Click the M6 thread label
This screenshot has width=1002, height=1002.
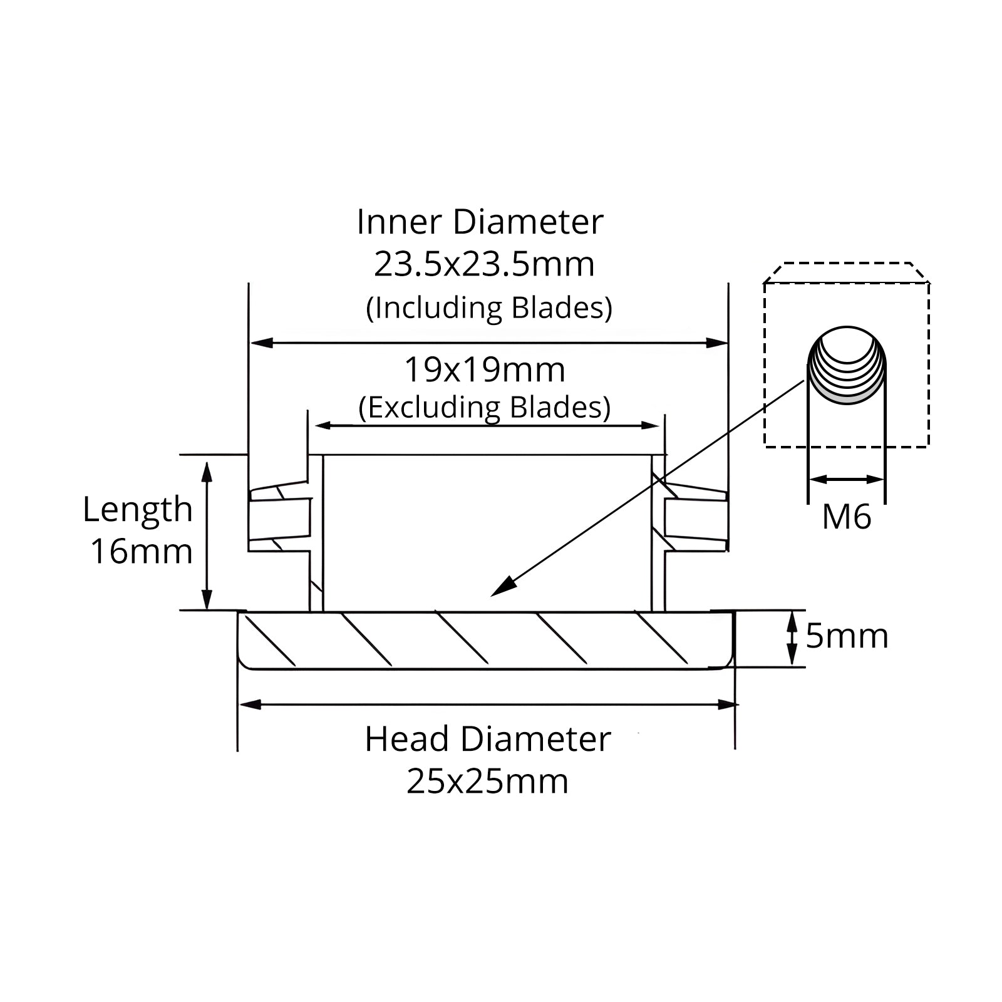click(846, 517)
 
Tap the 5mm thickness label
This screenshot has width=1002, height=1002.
click(847, 636)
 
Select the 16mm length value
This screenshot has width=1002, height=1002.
click(142, 552)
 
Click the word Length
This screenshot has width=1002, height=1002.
click(137, 510)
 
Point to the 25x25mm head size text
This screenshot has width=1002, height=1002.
click(487, 782)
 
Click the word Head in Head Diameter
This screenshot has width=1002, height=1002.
click(407, 739)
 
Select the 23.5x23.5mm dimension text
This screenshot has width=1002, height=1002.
click(484, 264)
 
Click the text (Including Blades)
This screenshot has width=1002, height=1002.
click(489, 308)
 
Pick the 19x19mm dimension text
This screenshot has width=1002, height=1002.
click(485, 370)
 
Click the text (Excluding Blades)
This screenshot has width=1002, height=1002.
click(485, 408)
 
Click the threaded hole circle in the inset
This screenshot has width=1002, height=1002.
click(847, 365)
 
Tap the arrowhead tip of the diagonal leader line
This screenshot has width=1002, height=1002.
click(492, 596)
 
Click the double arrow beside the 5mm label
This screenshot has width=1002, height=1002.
click(792, 638)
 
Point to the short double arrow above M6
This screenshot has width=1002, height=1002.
click(847, 480)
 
